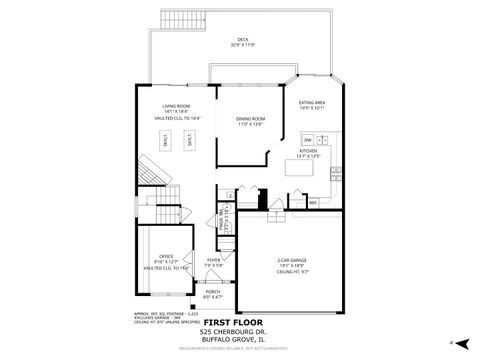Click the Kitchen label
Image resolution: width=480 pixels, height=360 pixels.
click(x=309, y=150)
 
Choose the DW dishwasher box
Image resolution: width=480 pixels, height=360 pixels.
click(x=309, y=140)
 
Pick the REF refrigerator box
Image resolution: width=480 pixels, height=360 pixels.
click(x=313, y=202)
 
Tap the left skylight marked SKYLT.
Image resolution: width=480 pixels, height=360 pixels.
click(x=166, y=141)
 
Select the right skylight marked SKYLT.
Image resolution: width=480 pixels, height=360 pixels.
click(x=189, y=141)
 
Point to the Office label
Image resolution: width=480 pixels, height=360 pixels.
click(x=166, y=256)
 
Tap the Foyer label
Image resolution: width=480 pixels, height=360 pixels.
click(x=214, y=260)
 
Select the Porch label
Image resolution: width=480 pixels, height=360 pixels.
click(x=213, y=292)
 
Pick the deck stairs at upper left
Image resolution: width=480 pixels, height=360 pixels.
click(x=177, y=22)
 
